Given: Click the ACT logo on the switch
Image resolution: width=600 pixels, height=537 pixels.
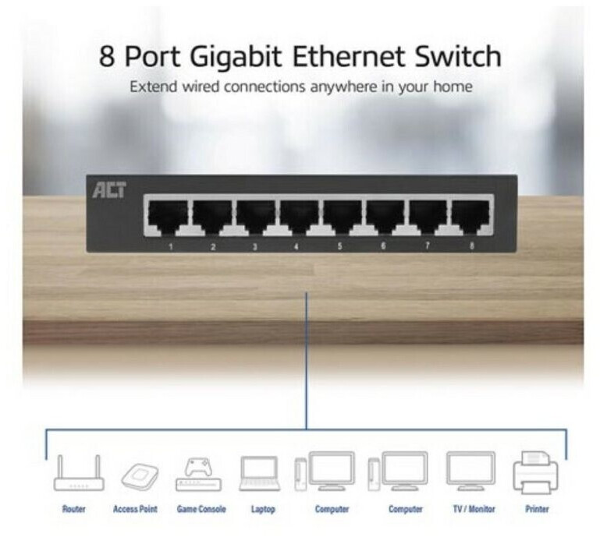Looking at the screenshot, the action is pos(109,190).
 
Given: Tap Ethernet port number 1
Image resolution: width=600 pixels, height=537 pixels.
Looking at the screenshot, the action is pos(168,217).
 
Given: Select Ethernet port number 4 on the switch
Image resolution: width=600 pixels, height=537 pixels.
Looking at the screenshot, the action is pos(299,217).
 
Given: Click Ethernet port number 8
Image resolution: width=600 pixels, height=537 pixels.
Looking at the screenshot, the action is pos(470,217).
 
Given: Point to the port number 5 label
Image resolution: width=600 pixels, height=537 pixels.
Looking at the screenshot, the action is pos(339,246).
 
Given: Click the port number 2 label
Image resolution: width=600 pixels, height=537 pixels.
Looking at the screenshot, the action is pos(213,247).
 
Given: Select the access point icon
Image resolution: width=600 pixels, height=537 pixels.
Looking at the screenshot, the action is pos(140,476).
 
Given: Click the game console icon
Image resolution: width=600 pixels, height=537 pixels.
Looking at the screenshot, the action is pos(198,474).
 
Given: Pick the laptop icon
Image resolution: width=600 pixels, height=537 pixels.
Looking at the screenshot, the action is pos(259,474).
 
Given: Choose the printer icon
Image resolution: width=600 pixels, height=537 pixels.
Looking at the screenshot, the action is pos(535,472).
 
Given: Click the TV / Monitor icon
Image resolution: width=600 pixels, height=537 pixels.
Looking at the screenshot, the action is pos(470,471).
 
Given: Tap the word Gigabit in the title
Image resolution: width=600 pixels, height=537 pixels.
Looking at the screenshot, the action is pos(236,58).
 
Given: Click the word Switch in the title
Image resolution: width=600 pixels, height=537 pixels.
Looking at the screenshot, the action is pos(458,56).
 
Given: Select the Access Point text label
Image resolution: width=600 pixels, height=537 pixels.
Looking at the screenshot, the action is pos(135,509).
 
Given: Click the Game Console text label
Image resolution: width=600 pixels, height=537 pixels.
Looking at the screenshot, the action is pos(201,509).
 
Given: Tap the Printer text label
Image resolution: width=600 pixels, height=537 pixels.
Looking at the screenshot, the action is pos(537,509).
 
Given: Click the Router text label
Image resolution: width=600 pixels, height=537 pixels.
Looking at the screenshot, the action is pos(74,509).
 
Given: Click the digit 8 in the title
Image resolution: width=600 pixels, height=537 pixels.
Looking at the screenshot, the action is pos(107,57).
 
